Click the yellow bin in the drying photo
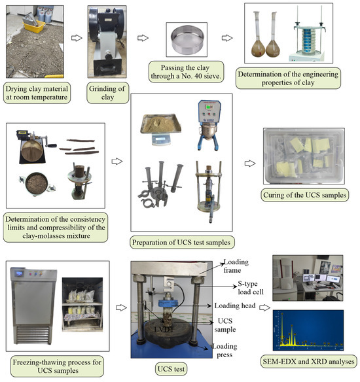[x=33, y=26]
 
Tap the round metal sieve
[x=187, y=39]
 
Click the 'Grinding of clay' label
[x=107, y=93]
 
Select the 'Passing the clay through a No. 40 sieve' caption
[x=186, y=72]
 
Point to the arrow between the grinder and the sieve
[x=143, y=38]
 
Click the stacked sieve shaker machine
[x=307, y=40]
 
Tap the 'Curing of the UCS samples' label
[x=304, y=195]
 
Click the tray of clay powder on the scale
[x=161, y=124]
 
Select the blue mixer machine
[x=209, y=125]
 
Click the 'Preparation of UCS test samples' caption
[x=181, y=243]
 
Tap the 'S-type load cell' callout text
[x=251, y=288]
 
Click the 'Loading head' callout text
[x=235, y=305]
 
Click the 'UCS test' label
[x=171, y=369]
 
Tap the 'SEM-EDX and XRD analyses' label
[x=308, y=361]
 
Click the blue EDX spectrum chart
[x=308, y=330]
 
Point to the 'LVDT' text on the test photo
[x=164, y=330]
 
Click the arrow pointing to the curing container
[x=250, y=164]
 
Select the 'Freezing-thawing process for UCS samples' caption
[x=58, y=366]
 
